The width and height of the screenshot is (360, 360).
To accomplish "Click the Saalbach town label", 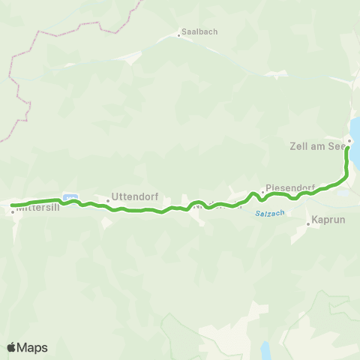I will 196,33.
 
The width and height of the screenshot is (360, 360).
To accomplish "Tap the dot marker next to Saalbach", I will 178,34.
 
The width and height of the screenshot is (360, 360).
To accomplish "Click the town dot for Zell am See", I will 349,141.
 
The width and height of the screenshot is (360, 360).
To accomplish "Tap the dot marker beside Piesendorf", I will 262,191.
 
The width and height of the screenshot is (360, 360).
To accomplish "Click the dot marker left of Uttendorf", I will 107,200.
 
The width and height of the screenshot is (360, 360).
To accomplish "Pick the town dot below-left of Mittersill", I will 13,211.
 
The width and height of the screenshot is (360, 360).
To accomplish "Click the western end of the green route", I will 12,204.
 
